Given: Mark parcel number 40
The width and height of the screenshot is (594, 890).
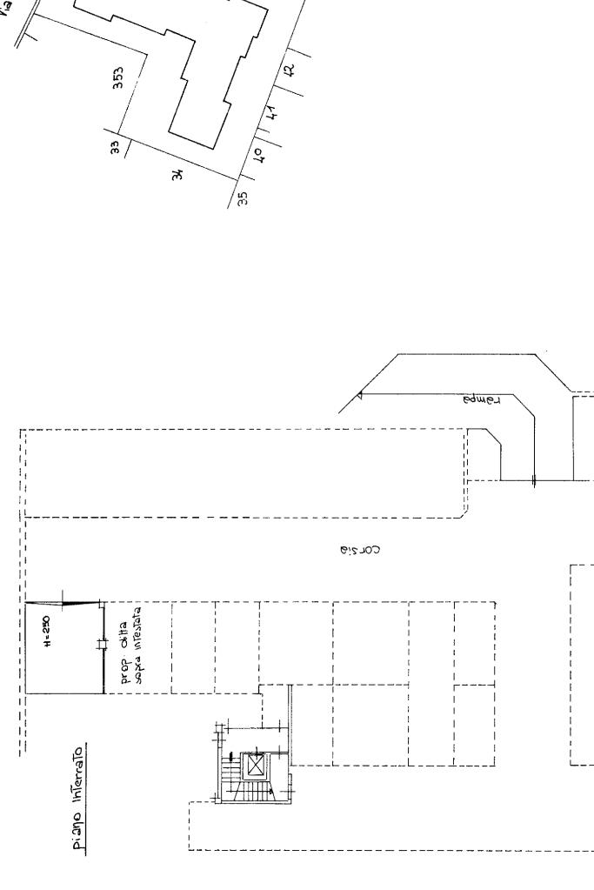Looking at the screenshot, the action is click(x=258, y=157).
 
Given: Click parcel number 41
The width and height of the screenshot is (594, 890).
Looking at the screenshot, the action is click(x=273, y=114).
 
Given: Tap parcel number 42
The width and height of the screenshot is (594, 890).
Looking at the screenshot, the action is click(x=290, y=73).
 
